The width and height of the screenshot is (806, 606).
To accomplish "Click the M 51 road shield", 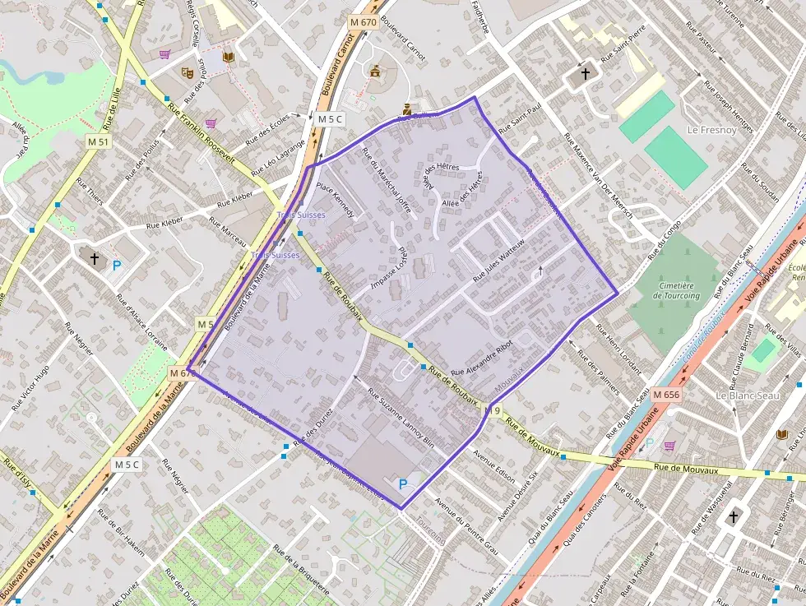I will pos(97,142).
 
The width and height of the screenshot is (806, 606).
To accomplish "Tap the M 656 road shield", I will pos(666,395).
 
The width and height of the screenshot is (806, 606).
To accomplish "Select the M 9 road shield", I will pos(492,410).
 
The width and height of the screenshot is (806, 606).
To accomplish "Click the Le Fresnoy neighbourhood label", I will pos(709,129).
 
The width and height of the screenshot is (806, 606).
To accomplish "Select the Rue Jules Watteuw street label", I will pos(504,256).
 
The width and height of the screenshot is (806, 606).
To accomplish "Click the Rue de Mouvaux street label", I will pos(687,469).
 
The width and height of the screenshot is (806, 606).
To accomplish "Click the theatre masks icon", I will pos(188,72).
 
